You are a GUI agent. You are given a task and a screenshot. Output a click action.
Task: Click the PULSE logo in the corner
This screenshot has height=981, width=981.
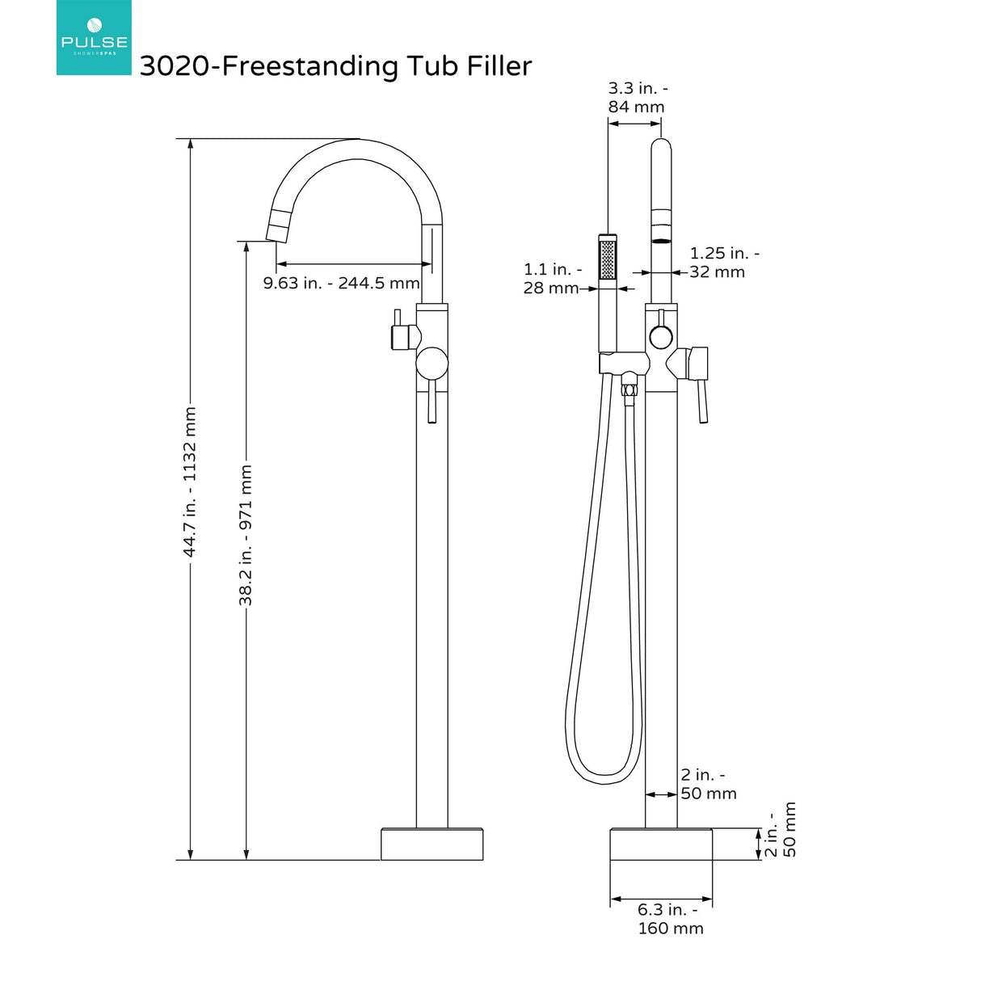click(x=94, y=38)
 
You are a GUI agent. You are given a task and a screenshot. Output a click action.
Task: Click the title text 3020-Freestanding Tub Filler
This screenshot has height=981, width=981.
click(x=335, y=66)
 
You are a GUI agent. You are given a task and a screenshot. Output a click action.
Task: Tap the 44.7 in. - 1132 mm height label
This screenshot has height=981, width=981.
click(x=190, y=482)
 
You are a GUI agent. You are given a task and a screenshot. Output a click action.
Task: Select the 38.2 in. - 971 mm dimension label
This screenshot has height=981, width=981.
click(x=246, y=534)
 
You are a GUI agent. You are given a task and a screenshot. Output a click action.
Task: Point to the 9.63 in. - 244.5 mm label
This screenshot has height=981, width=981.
click(x=341, y=283)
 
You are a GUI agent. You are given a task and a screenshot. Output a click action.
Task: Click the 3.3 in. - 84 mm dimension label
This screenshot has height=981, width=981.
click(x=637, y=98)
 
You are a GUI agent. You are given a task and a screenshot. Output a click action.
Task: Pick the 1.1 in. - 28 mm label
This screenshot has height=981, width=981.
click(x=552, y=278)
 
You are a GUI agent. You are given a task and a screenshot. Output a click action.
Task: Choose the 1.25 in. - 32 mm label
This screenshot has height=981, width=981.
click(x=723, y=263)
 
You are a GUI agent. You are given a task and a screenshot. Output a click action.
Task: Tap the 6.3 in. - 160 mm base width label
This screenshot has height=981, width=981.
click(x=670, y=919)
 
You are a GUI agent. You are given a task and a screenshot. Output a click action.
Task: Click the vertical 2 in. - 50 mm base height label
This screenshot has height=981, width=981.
click(x=781, y=829)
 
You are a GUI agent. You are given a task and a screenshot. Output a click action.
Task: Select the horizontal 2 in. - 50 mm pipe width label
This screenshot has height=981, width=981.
click(x=708, y=785)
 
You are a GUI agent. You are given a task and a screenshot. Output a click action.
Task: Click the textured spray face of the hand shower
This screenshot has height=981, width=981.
click(x=608, y=259)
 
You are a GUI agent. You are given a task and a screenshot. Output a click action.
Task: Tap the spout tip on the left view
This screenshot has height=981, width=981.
click(x=277, y=230)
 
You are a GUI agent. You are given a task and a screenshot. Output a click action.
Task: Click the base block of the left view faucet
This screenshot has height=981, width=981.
click(x=432, y=844)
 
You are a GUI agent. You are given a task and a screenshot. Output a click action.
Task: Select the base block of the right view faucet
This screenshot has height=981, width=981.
click(x=661, y=844)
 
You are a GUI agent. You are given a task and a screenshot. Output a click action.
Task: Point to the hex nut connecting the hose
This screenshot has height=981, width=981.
click(x=628, y=389)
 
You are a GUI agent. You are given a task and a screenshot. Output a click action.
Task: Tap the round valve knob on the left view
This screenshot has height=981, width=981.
click(x=432, y=364)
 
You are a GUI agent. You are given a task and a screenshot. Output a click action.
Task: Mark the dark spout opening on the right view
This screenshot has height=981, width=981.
click(x=661, y=240)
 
